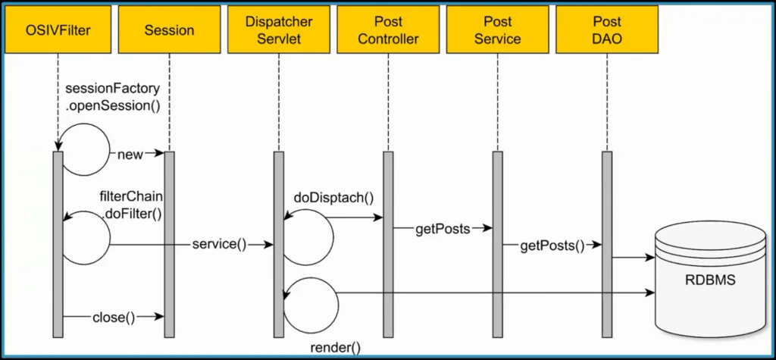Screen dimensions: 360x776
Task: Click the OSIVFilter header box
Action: pos(58,30)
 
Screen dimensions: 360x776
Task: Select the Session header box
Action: pos(168,30)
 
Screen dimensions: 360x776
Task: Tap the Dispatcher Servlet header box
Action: pos(278,30)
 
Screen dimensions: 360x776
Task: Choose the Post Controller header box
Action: pos(388,30)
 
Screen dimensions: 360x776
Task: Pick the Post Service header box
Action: pos(498,30)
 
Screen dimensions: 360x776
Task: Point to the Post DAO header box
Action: pos(607,30)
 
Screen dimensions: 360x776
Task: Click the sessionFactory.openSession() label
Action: pos(113,98)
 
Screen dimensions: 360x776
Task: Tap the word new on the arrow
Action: pos(130,155)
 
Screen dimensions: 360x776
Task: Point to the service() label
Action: pos(220,245)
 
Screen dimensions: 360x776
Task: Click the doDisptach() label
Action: pos(333,199)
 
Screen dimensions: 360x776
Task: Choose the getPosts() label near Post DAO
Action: pos(552,245)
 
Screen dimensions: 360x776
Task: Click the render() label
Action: pos(336,347)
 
